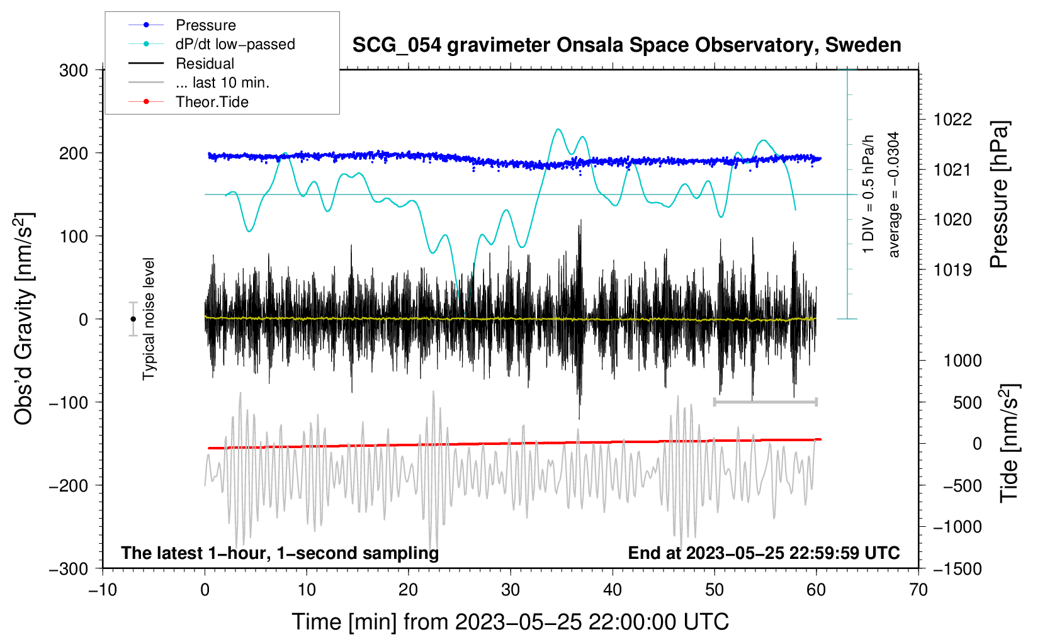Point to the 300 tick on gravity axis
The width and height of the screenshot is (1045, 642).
pyautogui.click(x=74, y=70)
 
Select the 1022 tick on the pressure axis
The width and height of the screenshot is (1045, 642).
pyautogui.click(x=952, y=120)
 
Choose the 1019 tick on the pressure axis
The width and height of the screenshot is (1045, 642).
pyautogui.click(x=952, y=270)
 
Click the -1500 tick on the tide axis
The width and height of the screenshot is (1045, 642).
pyautogui.click(x=957, y=568)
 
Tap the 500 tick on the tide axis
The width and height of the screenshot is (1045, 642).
pyautogui.click(x=968, y=403)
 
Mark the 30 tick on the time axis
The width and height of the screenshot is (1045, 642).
pyautogui.click(x=511, y=590)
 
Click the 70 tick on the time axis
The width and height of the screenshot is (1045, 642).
pyautogui.click(x=918, y=590)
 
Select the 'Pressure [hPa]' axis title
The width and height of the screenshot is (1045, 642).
pyautogui.click(x=999, y=194)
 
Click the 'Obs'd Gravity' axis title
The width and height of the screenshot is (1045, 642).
pyautogui.click(x=24, y=319)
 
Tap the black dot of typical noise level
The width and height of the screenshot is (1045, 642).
pyautogui.click(x=133, y=319)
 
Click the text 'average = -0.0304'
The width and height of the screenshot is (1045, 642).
pyautogui.click(x=894, y=194)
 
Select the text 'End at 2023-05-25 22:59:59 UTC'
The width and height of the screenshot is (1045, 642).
pyautogui.click(x=764, y=553)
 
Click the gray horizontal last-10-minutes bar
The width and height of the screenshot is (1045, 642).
pyautogui.click(x=765, y=402)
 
